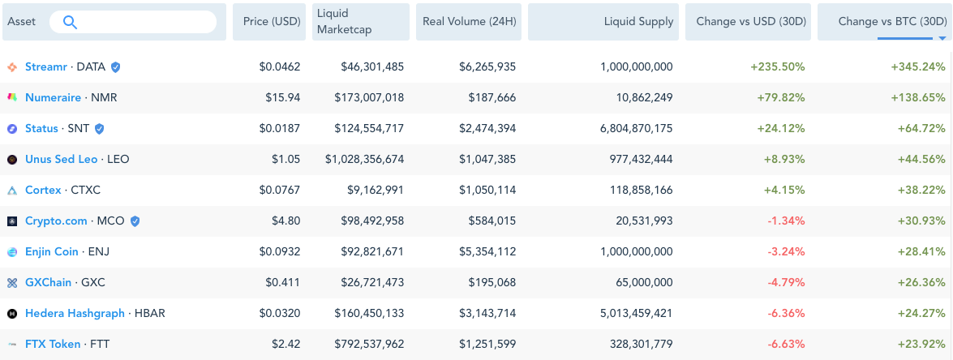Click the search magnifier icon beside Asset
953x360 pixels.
70,23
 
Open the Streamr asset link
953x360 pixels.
46,66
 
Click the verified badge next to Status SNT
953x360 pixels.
99,129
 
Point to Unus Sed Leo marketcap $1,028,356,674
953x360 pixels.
365,160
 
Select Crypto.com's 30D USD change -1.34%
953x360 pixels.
787,221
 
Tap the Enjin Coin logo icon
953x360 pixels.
12,252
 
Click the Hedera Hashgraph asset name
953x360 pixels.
75,314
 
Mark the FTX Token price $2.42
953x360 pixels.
285,345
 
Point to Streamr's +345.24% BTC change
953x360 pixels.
918,66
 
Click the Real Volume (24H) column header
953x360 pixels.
469,22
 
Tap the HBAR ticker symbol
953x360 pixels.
149,314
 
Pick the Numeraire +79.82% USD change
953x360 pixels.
781,98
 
